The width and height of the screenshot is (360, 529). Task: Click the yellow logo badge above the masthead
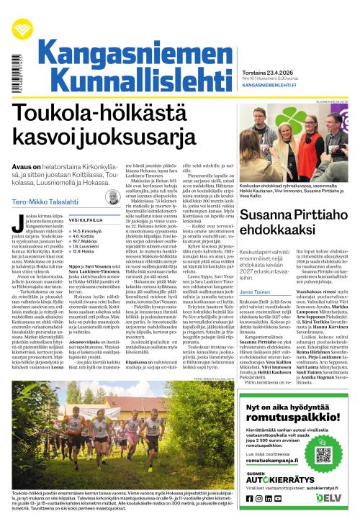tap(25, 16)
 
